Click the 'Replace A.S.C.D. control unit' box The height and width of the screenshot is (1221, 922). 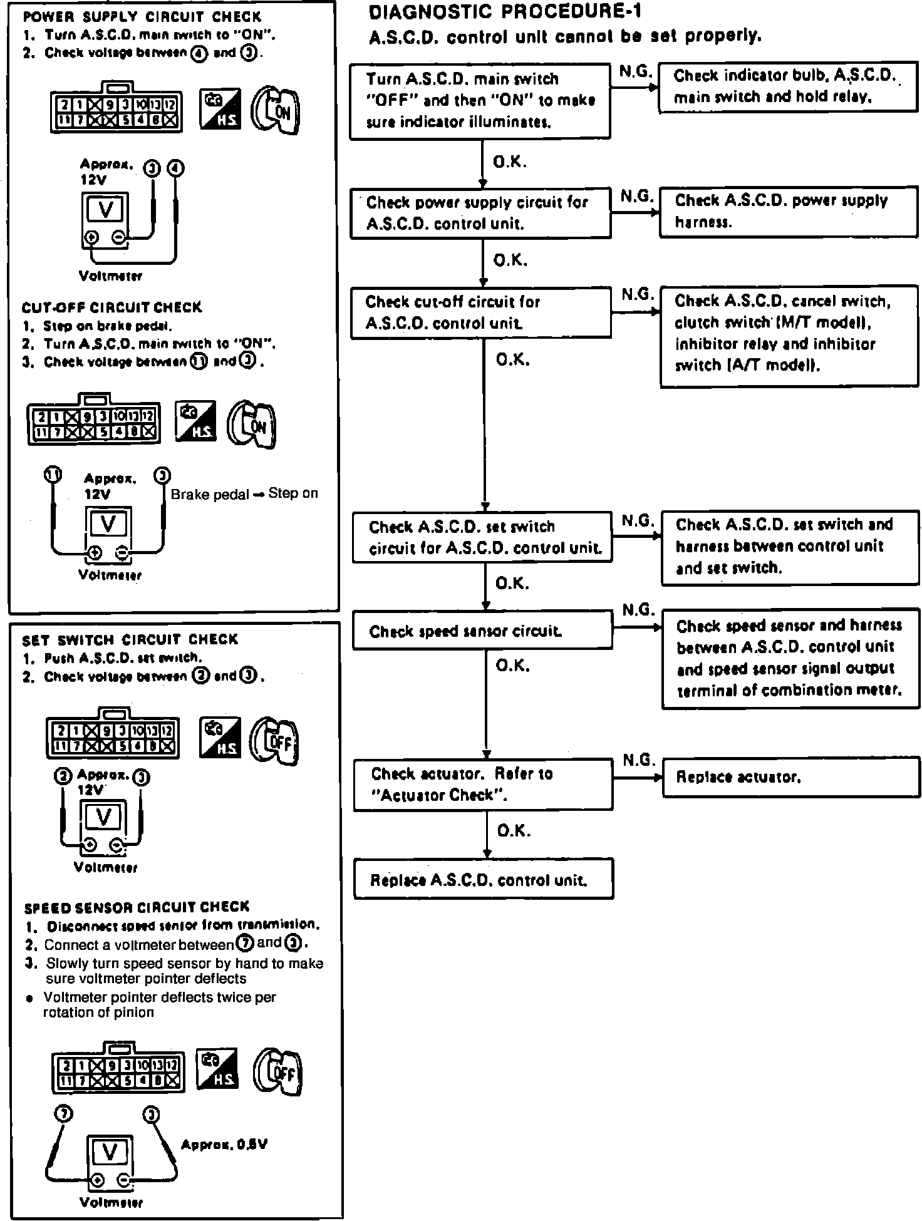coord(483,879)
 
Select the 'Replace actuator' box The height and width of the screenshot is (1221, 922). coord(791,778)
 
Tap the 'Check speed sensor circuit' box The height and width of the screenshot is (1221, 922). coord(482,630)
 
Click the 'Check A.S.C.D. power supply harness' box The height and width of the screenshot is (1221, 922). coord(789,212)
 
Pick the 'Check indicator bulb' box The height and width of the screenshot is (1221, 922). coord(787,86)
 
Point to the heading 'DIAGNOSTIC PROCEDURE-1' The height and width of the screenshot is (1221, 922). coord(505,11)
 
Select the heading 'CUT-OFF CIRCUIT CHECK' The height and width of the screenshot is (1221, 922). coord(112,307)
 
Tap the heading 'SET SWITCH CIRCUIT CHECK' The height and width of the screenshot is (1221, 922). coord(130,639)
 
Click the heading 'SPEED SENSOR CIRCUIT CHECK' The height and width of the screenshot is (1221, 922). coord(137,907)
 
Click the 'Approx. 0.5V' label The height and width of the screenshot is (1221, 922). coord(224,1145)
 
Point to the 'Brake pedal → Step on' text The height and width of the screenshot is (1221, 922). coord(244,494)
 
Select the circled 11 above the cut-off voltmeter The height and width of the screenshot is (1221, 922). coord(53,475)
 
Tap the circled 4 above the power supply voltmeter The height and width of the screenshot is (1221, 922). coord(177,168)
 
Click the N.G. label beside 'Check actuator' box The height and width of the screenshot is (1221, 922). coord(639,760)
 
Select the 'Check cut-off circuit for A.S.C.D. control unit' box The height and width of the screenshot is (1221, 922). coord(481,313)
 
